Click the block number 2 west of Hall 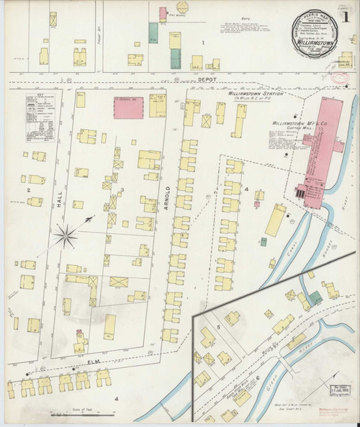28,189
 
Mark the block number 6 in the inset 258,377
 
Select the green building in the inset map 315,297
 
